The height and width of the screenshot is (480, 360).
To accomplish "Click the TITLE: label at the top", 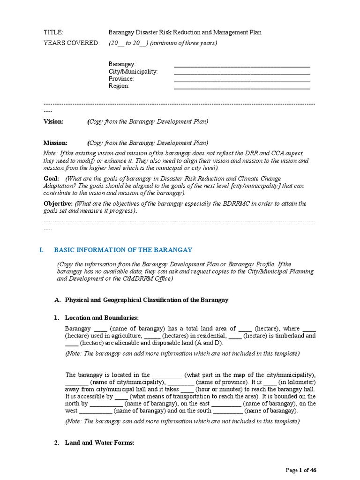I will pyautogui.click(x=53, y=32).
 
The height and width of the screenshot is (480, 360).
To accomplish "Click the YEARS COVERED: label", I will pyautogui.click(x=71, y=43).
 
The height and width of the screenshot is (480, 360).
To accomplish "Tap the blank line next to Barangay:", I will pyautogui.click(x=242, y=65).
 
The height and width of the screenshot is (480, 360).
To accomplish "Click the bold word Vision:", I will pyautogui.click(x=53, y=121).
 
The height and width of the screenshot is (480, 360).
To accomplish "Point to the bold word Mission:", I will pyautogui.click(x=55, y=143).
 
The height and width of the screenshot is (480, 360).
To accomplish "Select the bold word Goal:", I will pyautogui.click(x=51, y=179).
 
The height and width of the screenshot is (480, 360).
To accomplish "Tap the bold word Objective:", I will pyautogui.click(x=58, y=203).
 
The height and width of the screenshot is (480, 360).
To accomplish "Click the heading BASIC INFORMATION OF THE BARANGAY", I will pyautogui.click(x=123, y=250).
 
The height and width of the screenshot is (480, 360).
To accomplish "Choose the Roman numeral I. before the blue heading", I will pyautogui.click(x=41, y=250).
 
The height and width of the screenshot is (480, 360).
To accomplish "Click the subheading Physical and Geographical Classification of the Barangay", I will pyautogui.click(x=146, y=300).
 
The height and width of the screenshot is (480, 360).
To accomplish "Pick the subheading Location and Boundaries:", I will pyautogui.click(x=102, y=318).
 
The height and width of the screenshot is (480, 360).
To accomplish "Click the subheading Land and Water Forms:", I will pyautogui.click(x=100, y=442).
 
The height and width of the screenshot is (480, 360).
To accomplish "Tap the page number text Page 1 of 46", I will pyautogui.click(x=304, y=470).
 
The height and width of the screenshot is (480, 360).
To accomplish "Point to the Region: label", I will pyautogui.click(x=119, y=86).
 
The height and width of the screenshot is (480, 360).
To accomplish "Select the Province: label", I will pyautogui.click(x=121, y=79).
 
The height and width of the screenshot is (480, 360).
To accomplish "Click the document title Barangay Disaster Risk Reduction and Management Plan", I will pyautogui.click(x=185, y=32).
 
